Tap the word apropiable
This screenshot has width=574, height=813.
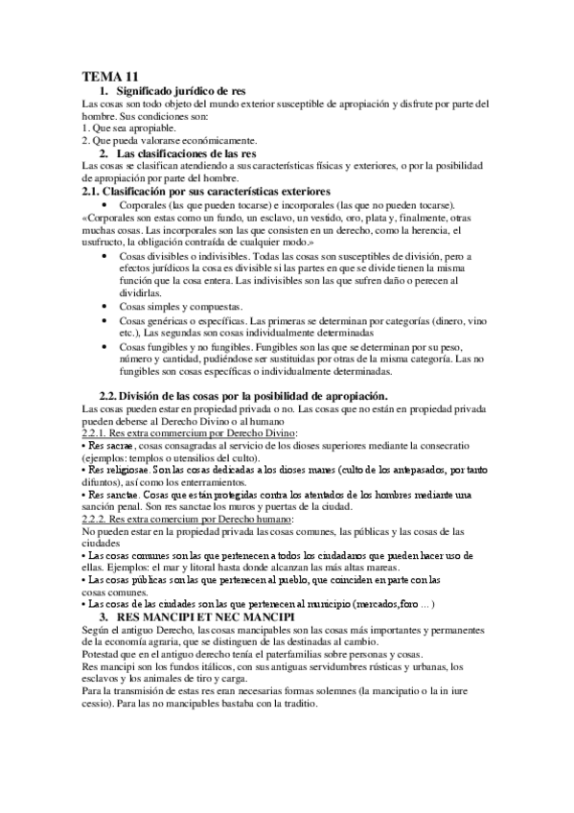(149, 127)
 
